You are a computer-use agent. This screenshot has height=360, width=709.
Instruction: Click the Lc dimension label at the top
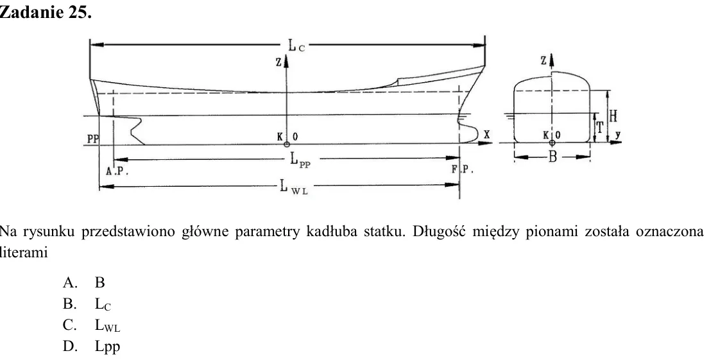[x=296, y=46]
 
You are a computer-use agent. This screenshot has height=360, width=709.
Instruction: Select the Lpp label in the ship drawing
[x=300, y=160]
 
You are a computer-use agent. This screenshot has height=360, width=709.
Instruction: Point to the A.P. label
[x=117, y=171]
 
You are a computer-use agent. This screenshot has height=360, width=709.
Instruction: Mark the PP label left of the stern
[x=92, y=139]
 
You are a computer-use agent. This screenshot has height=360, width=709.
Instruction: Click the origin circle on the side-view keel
[x=287, y=144]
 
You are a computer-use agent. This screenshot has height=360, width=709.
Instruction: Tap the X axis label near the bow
[x=486, y=134]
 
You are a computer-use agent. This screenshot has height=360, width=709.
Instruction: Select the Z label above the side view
[x=278, y=63]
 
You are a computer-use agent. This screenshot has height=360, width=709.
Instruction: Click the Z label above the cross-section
[x=543, y=60]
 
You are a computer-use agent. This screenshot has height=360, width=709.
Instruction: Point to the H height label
[x=613, y=116]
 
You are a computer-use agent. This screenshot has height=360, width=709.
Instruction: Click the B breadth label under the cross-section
[x=552, y=157]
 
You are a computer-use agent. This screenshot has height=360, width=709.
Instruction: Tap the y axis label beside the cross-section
[x=618, y=134]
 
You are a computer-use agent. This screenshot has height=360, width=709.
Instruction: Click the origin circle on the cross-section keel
[x=552, y=143]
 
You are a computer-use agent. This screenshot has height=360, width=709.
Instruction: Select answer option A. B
[x=84, y=282]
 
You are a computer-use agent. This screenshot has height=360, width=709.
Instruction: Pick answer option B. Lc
[x=87, y=304]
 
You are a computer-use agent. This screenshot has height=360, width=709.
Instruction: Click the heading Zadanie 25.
[x=46, y=12]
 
